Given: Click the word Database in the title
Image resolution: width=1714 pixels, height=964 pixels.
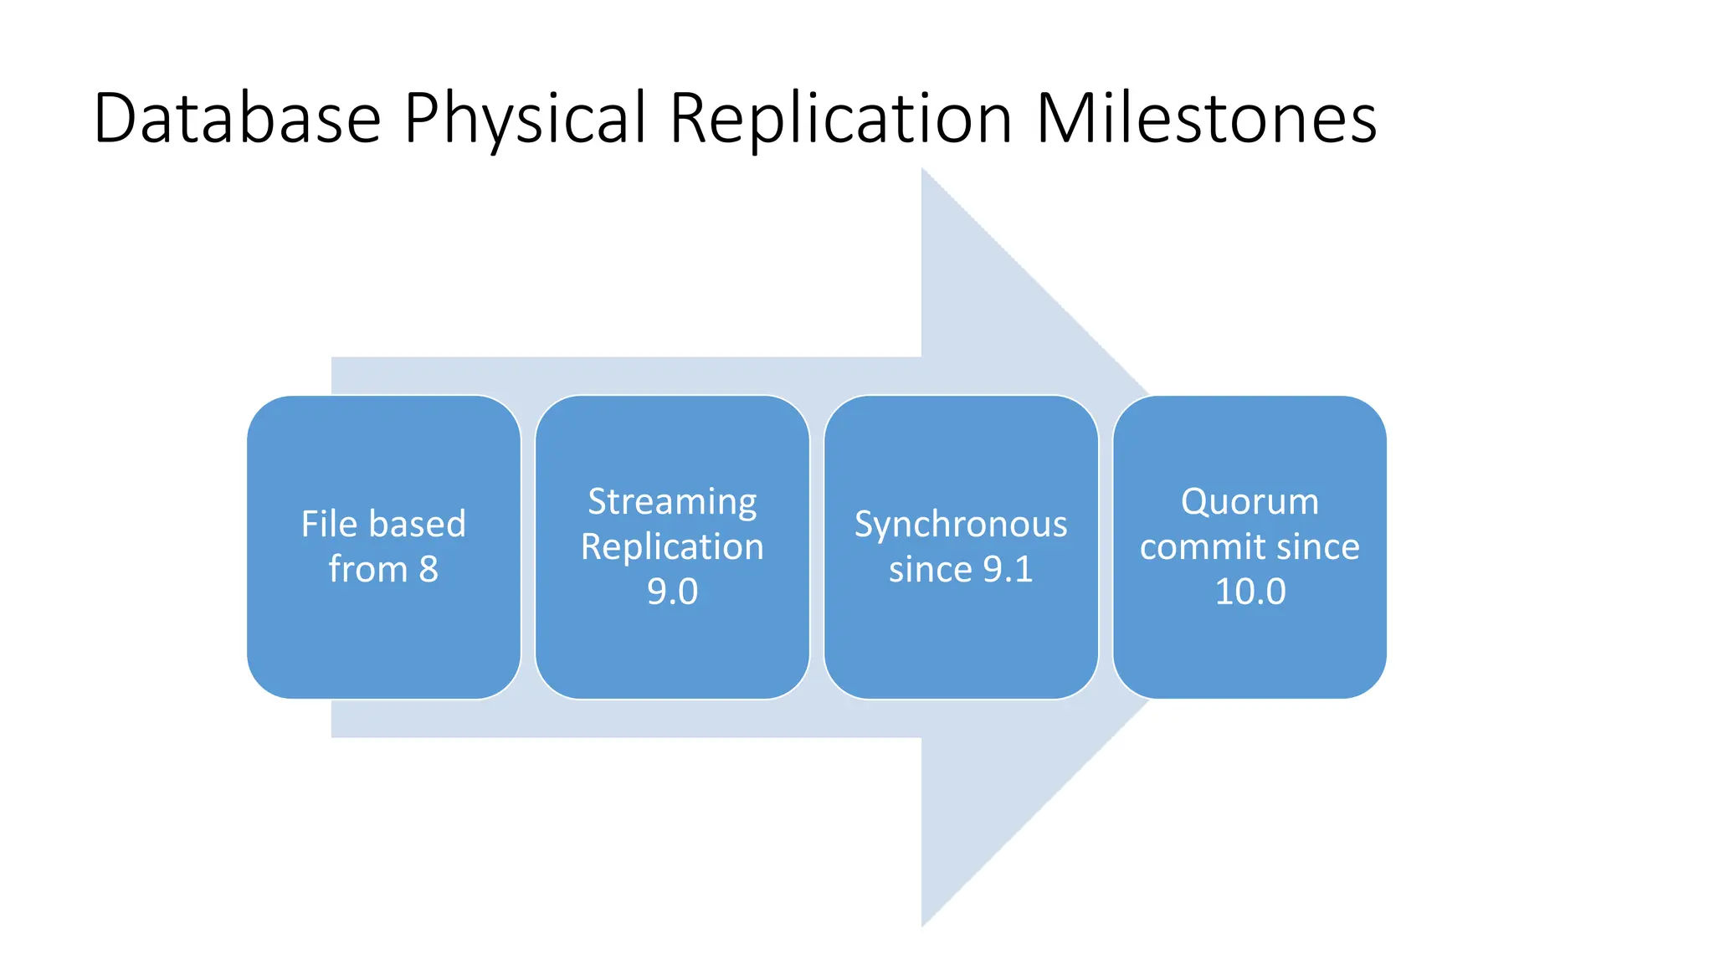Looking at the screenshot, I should point(238,118).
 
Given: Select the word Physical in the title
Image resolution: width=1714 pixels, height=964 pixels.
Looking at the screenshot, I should point(526,118).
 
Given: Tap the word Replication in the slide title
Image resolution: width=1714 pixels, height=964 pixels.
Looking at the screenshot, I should point(841,118).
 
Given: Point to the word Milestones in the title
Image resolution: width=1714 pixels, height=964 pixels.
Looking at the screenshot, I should point(1206,118).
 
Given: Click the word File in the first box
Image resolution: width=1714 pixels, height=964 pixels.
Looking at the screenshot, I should point(329,524).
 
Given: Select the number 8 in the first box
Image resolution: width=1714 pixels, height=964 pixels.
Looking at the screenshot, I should point(428,569).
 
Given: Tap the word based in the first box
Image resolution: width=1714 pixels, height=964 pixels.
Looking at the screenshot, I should point(417,524).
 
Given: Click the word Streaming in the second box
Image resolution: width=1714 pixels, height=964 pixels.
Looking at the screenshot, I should point(672,501).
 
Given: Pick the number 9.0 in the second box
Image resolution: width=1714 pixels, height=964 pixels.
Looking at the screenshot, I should point(672,592).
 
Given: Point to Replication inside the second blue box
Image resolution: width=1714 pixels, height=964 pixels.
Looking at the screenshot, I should point(672,546).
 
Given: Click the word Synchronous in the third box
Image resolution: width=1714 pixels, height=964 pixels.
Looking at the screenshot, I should point(961,524).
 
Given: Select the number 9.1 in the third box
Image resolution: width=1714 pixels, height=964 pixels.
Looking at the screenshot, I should point(1008,569).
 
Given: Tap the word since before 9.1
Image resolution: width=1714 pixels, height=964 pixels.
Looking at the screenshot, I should point(930,569).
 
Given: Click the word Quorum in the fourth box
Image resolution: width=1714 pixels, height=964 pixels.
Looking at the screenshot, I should point(1250,501).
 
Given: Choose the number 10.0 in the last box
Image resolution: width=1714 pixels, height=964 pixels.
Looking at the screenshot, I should point(1250,592).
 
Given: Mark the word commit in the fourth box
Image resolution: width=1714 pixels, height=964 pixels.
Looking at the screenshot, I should point(1202,546).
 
